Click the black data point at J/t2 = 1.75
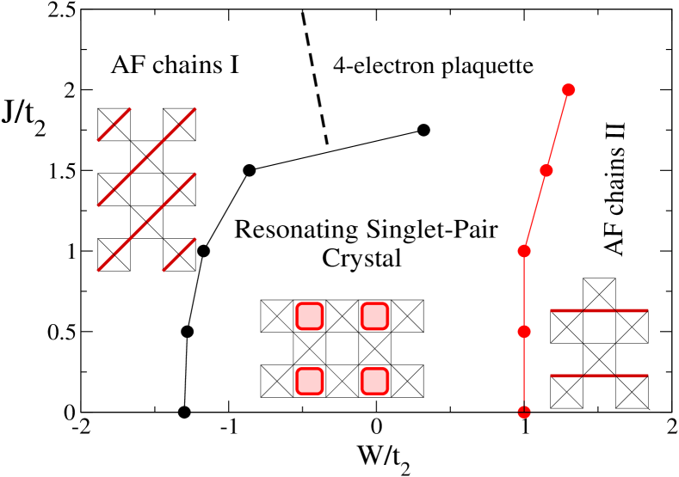423,130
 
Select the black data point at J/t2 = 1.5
249,170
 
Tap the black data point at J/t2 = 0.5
187,332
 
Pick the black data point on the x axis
184,413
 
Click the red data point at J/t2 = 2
569,90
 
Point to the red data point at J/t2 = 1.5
546,170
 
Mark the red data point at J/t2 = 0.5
524,332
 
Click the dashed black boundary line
315,77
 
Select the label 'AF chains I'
175,66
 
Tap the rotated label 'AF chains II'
615,188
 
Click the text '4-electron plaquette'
433,66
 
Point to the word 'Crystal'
361,259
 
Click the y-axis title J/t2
24,117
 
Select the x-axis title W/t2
384,457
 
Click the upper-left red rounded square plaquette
309,316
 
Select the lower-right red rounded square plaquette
374,381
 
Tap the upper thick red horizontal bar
599,310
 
